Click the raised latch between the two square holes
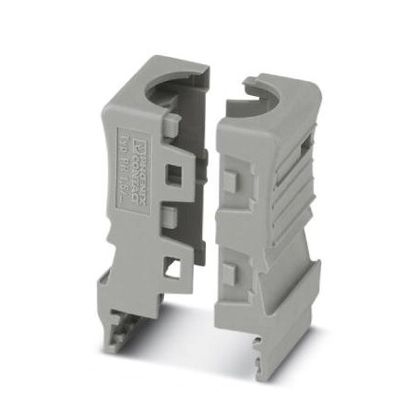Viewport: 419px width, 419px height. coord(169,220)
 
